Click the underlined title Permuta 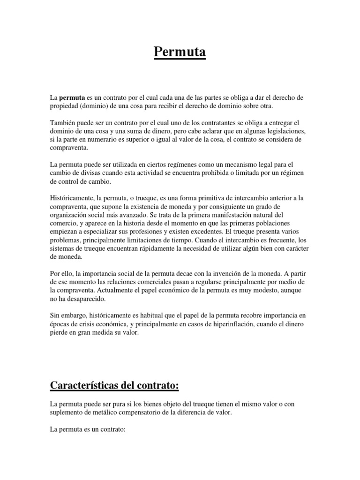pos(180,52)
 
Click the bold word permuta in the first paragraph pos(72,97)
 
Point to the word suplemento pos(69,412)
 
